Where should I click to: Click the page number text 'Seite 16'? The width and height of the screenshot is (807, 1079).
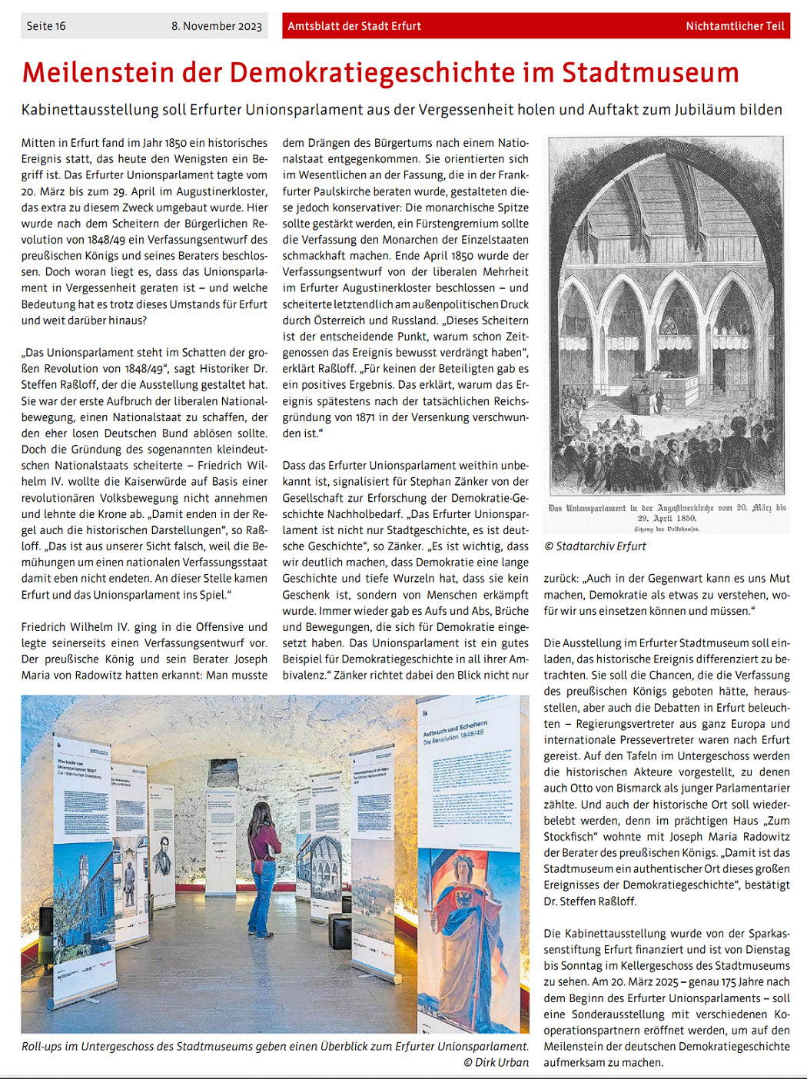pyautogui.click(x=46, y=26)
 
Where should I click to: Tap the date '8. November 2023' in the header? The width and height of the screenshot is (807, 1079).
pyautogui.click(x=216, y=26)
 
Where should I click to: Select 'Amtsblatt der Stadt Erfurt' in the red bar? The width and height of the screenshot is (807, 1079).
pyautogui.click(x=354, y=26)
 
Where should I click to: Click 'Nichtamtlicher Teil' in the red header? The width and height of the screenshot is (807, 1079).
pyautogui.click(x=735, y=26)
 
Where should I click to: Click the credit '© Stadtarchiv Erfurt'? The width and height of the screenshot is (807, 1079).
pyautogui.click(x=595, y=546)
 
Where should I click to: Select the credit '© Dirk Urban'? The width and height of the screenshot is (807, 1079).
pyautogui.click(x=496, y=1063)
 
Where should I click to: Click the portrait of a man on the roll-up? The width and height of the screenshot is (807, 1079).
pyautogui.click(x=164, y=855)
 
